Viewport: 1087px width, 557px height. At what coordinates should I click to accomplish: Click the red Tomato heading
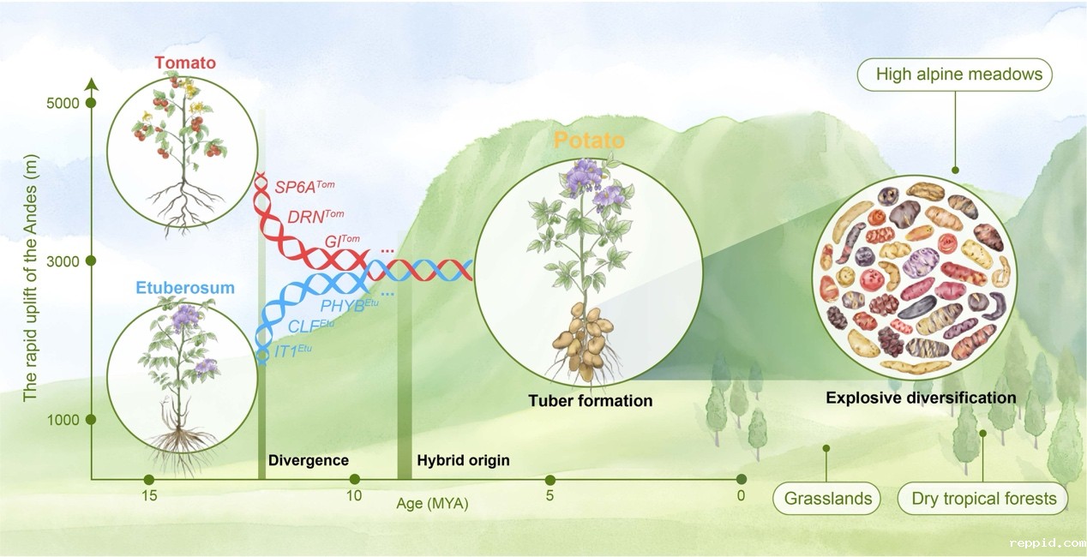tap(185, 63)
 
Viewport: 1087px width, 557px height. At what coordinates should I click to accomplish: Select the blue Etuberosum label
tap(183, 288)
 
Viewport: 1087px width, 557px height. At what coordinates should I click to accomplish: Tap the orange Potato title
tap(589, 140)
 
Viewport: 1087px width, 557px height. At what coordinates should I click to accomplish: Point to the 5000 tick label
tap(63, 104)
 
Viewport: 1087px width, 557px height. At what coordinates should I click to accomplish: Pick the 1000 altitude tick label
tap(63, 420)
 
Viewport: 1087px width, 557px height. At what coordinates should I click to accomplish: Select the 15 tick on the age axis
tap(149, 496)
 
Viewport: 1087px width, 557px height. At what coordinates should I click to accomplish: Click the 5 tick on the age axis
tap(550, 496)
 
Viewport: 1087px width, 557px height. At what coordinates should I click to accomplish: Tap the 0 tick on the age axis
tap(741, 496)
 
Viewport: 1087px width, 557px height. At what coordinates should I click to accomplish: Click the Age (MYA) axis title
tap(432, 504)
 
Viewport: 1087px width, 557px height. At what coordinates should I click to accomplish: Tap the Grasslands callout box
tap(827, 498)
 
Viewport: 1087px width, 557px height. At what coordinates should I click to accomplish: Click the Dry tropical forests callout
tap(983, 498)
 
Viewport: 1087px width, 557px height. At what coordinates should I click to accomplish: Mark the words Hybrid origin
tap(463, 460)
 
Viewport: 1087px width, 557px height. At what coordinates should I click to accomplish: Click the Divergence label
tap(309, 460)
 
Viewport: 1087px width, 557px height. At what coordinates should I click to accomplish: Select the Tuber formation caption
tap(590, 400)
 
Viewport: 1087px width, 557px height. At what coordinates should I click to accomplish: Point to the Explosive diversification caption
tap(921, 398)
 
